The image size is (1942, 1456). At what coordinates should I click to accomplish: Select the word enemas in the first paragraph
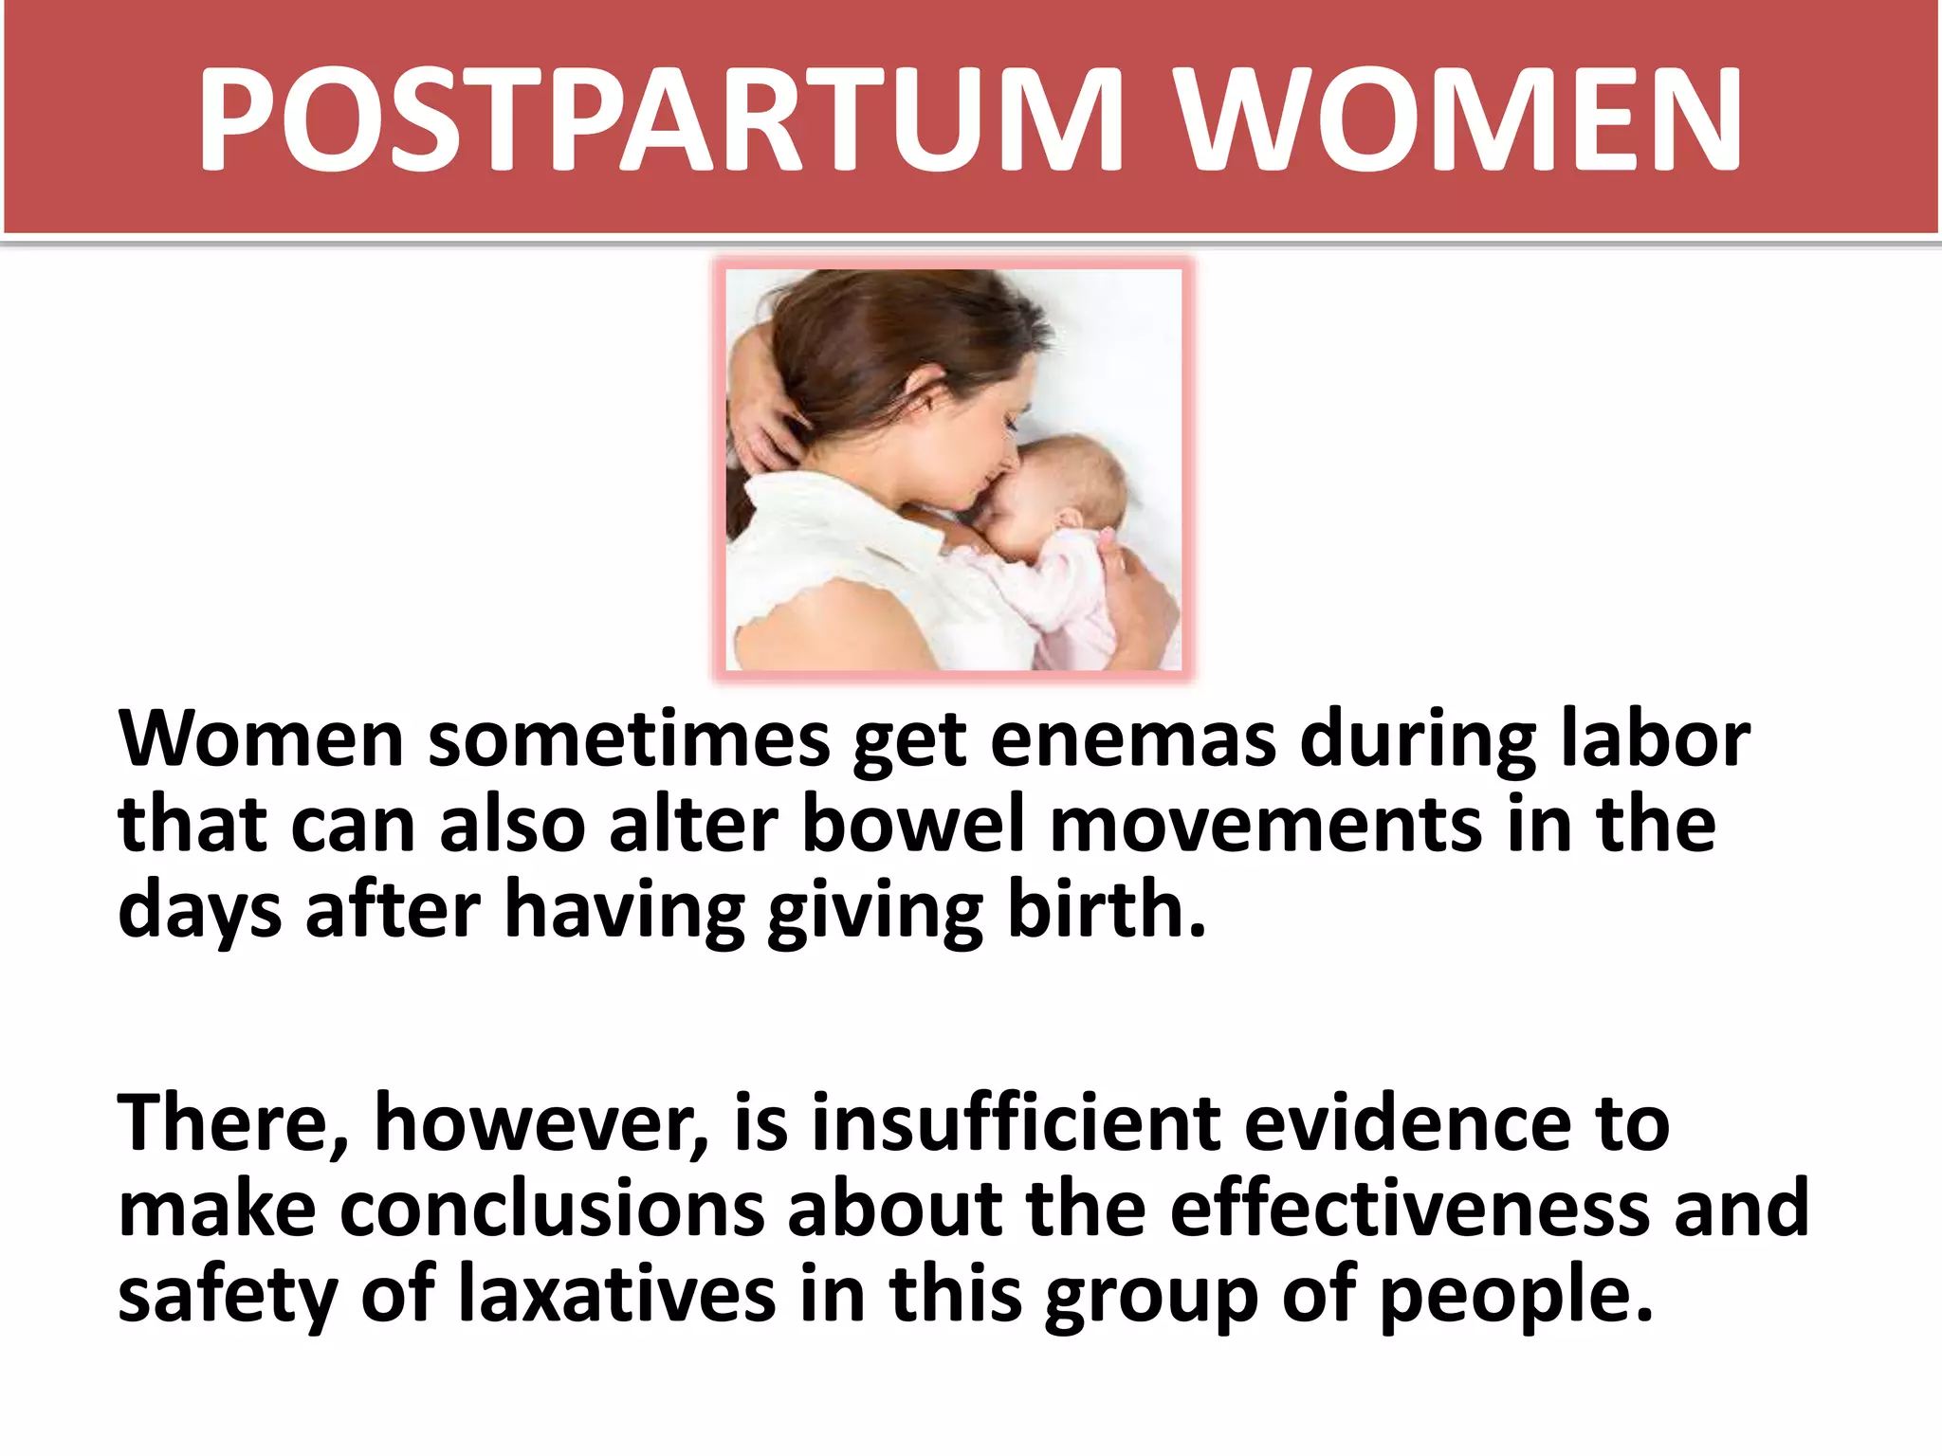1133,740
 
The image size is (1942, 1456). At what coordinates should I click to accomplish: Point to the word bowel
913,825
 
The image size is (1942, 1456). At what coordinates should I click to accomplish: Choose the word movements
1266,825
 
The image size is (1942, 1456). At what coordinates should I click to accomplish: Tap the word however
540,1124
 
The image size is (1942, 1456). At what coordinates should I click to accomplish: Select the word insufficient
1016,1124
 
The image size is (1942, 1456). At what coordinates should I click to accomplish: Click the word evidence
1407,1124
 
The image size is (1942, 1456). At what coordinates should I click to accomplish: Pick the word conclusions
552,1210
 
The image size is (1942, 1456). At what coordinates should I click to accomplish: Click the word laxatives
617,1295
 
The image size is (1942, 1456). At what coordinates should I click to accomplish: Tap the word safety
228,1295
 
